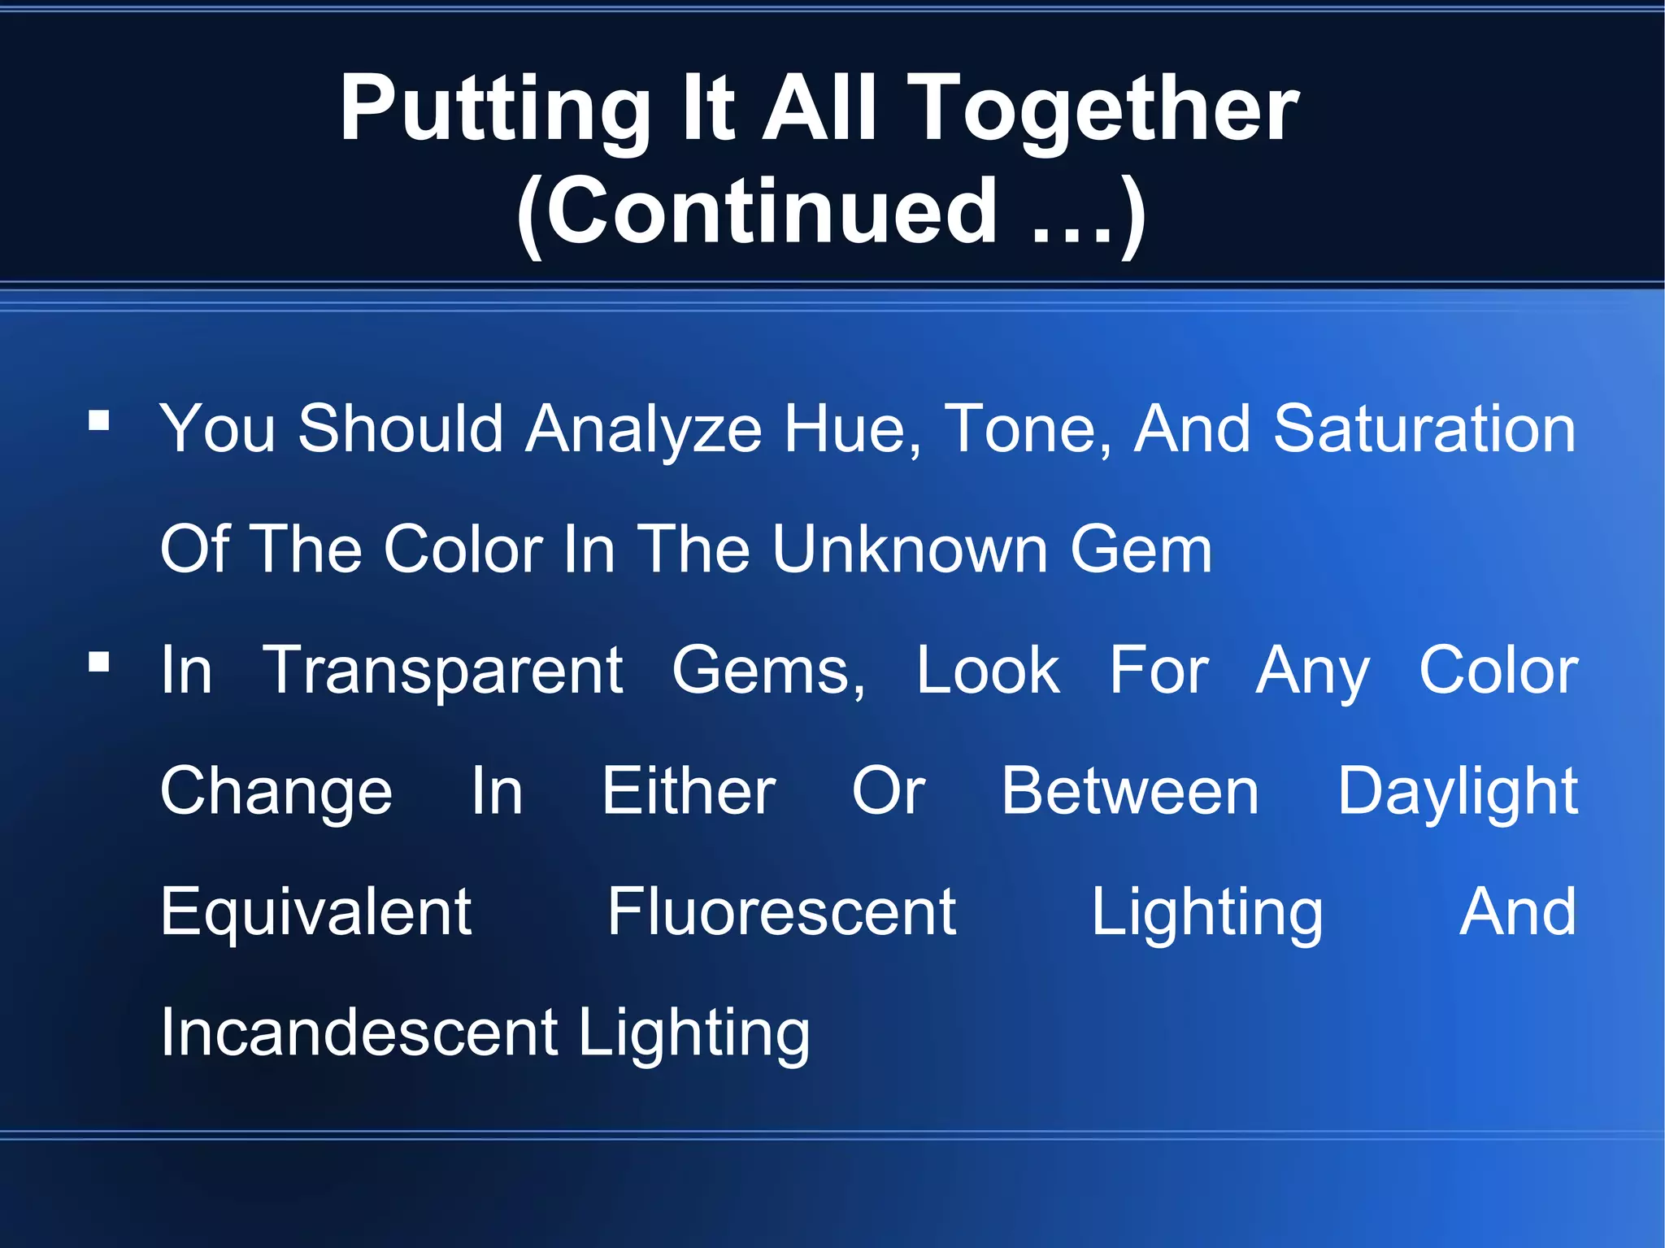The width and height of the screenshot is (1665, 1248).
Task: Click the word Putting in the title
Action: point(494,110)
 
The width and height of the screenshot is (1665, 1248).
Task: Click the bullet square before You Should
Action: point(99,420)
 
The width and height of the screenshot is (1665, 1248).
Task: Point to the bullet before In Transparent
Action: point(99,662)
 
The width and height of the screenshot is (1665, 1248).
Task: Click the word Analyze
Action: point(643,429)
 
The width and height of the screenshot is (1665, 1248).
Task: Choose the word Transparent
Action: point(443,671)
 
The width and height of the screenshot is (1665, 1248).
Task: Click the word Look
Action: point(988,671)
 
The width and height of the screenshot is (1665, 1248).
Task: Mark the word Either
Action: point(689,791)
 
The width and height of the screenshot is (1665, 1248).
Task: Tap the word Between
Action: point(1130,791)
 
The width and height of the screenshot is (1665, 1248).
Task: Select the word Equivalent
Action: point(315,912)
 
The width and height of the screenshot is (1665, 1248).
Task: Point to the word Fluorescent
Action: point(781,912)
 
